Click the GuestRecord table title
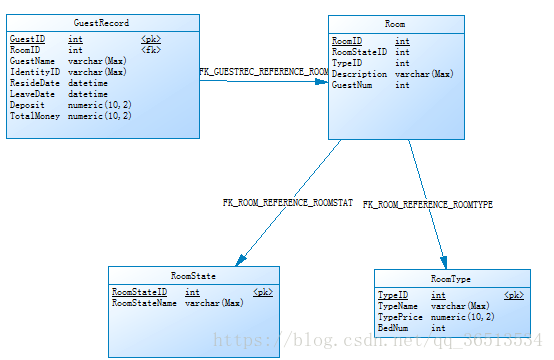click(x=101, y=22)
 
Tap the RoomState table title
click(x=193, y=274)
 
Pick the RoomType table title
click(x=451, y=278)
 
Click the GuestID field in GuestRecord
click(x=27, y=38)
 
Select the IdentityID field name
click(x=32, y=71)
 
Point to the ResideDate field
click(x=34, y=83)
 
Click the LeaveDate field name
click(x=32, y=94)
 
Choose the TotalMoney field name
click(x=34, y=116)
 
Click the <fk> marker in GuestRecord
click(x=151, y=49)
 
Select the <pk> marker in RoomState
click(x=263, y=291)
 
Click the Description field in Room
click(x=358, y=74)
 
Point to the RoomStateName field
click(x=144, y=302)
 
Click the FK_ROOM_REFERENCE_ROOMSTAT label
click(x=287, y=202)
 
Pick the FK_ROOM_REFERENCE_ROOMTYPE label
click(x=427, y=204)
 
